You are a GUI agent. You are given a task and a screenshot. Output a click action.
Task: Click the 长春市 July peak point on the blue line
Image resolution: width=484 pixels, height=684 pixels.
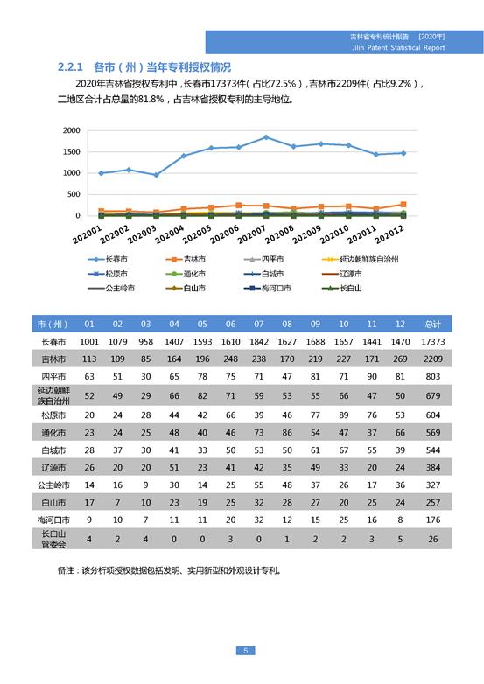click(x=266, y=137)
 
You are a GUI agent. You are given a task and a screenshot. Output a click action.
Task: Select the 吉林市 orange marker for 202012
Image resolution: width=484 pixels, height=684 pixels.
click(x=403, y=204)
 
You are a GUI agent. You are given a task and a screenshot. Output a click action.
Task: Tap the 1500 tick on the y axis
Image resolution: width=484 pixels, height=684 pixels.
click(x=72, y=152)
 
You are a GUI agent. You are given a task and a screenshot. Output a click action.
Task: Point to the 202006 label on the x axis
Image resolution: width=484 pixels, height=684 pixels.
click(x=224, y=234)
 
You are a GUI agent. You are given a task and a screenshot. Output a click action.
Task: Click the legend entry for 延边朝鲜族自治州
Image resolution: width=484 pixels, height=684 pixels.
click(x=360, y=259)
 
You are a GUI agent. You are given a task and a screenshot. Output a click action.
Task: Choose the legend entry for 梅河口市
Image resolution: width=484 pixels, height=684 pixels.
click(x=267, y=288)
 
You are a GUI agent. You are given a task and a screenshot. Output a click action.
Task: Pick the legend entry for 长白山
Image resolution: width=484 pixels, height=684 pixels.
click(x=341, y=288)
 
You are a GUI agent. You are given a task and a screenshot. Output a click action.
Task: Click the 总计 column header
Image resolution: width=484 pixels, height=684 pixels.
click(x=432, y=325)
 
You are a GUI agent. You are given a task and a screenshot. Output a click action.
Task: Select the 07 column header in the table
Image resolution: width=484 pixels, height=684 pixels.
click(x=259, y=325)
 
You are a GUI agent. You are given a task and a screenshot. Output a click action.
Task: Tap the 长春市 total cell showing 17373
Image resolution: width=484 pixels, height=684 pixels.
click(x=432, y=342)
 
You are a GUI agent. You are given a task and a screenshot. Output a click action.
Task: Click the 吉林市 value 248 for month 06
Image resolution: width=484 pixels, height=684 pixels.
click(x=230, y=359)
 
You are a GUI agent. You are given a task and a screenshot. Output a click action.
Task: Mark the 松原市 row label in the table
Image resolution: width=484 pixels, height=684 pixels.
click(x=53, y=415)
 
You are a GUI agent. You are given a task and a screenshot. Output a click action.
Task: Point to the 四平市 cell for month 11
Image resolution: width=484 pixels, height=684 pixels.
click(x=372, y=376)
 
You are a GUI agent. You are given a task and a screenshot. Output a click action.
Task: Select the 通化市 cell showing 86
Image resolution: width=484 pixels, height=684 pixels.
click(x=287, y=433)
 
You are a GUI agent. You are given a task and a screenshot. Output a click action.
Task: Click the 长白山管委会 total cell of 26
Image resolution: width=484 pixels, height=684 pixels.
click(x=432, y=539)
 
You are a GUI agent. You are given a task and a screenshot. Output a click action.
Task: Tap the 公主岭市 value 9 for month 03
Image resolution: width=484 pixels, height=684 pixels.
click(x=146, y=485)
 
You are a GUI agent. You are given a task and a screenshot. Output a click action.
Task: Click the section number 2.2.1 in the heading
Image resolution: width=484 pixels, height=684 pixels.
click(x=70, y=67)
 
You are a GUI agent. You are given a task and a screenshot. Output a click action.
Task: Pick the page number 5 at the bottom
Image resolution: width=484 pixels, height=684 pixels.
click(x=245, y=651)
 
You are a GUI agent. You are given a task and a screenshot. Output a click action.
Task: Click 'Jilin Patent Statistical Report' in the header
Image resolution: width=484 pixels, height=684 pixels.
click(x=398, y=47)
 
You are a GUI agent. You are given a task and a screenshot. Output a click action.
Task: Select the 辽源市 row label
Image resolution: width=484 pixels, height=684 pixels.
click(x=53, y=468)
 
